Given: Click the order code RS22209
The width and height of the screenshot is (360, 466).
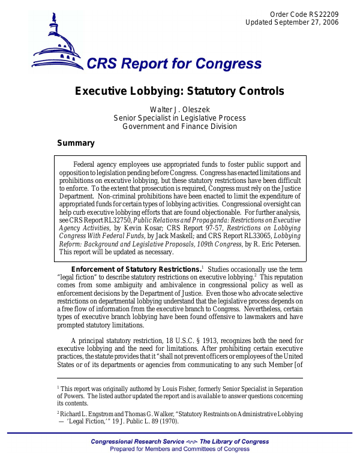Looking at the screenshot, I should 325,13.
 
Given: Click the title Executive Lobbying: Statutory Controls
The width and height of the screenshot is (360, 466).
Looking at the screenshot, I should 179,92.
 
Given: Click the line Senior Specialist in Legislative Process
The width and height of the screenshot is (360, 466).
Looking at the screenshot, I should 179,118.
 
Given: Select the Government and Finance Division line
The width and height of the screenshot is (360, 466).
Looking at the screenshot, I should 179,127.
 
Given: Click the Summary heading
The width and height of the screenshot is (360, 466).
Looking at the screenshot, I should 76,143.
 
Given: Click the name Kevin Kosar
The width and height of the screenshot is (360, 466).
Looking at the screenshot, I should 141,229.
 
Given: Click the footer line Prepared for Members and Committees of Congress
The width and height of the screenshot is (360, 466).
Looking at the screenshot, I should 179,449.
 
